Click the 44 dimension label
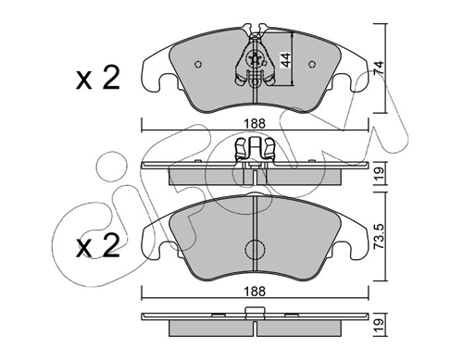click(285, 60)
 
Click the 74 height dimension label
click(379, 68)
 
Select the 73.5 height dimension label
click(379, 236)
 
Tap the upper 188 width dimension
click(255, 124)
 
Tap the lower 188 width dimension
click(255, 291)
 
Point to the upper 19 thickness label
click(380, 173)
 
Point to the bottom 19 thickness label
click(380, 325)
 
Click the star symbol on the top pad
click(256, 58)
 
